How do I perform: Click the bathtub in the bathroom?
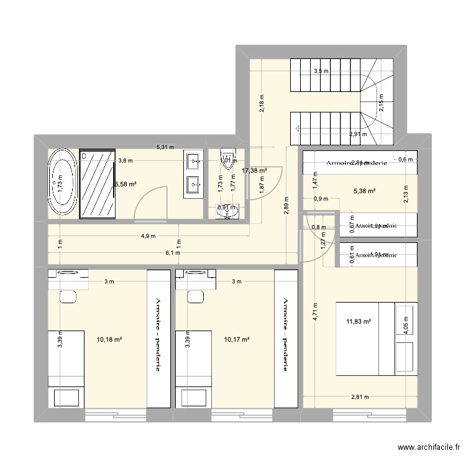(63, 184)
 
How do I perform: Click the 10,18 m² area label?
(109, 340)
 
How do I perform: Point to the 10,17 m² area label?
(237, 340)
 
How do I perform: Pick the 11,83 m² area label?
(359, 321)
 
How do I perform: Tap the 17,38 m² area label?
(254, 170)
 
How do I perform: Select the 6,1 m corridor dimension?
(173, 253)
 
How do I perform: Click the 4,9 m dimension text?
(148, 236)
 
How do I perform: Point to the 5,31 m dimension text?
(165, 147)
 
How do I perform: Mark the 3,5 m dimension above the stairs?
(321, 71)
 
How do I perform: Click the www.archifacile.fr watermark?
(430, 447)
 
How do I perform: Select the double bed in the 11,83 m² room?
(366, 339)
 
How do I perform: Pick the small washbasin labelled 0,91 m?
(227, 212)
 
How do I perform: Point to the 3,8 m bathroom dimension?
(126, 160)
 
